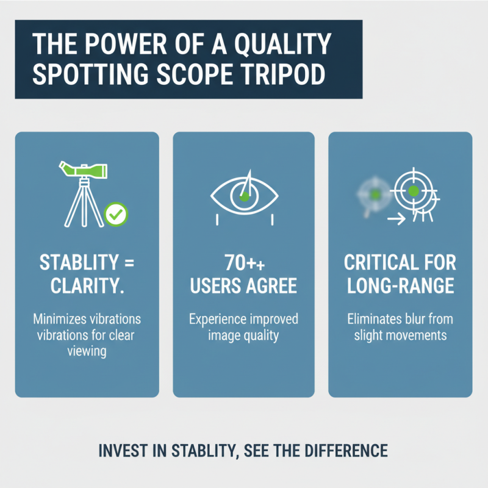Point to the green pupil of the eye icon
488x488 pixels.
244,196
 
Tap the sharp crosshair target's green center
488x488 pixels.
414,192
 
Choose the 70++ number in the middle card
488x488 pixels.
244,264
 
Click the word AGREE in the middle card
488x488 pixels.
272,285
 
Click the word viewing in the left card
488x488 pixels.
87,352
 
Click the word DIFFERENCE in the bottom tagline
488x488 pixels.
348,451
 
